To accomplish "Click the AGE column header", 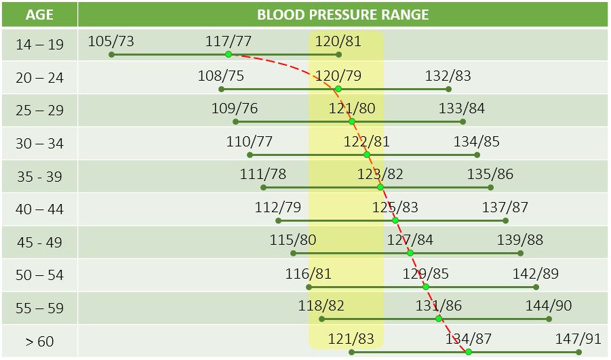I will [x=39, y=15].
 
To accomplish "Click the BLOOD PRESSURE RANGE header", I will [x=342, y=15].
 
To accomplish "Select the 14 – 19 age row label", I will [x=39, y=45].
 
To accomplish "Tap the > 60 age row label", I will [x=39, y=341].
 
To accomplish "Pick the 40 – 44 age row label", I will [x=39, y=209].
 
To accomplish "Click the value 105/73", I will [x=111, y=41].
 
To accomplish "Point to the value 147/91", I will [x=578, y=338].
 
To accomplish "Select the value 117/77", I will [x=229, y=41].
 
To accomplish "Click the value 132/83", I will [x=448, y=76].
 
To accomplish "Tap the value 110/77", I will [x=250, y=142].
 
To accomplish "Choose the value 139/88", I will [x=520, y=240].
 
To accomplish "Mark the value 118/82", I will [x=321, y=306].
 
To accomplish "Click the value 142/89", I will [x=536, y=273].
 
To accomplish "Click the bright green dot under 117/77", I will [x=229, y=54].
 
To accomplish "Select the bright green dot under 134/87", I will [x=468, y=352].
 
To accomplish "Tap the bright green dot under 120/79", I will [x=338, y=89].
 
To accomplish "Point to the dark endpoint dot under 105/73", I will [x=111, y=54].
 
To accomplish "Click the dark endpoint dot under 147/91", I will [x=578, y=352].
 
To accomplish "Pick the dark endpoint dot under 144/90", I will [x=549, y=319].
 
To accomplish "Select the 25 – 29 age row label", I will [x=39, y=111].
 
